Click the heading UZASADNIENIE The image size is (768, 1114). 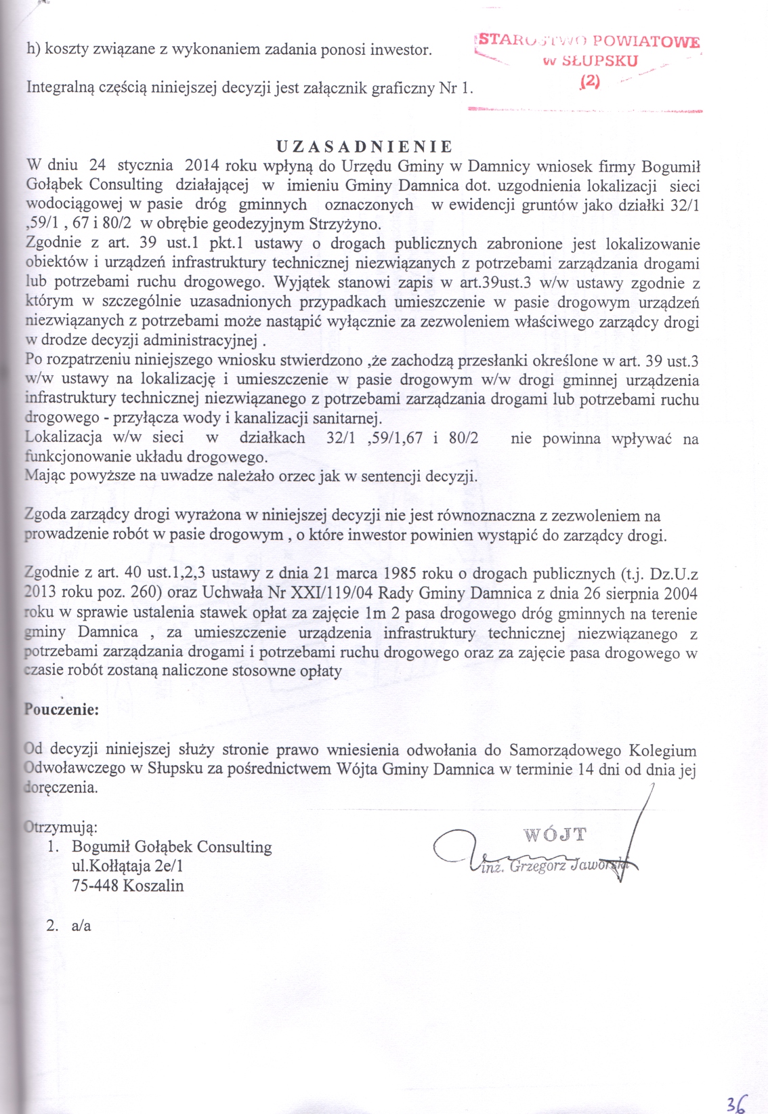point(364,146)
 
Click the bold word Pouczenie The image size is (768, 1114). point(62,709)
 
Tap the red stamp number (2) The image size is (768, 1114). point(591,81)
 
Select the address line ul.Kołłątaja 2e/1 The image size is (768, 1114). point(127,865)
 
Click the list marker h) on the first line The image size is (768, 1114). point(33,49)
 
